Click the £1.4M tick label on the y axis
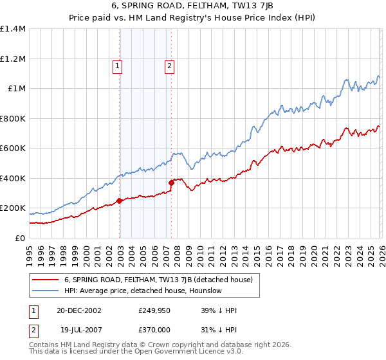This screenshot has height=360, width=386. (x=13, y=29)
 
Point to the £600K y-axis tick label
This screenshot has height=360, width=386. (x=13, y=148)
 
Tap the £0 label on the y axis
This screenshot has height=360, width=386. (x=19, y=238)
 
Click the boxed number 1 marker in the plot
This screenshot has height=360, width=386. (x=118, y=65)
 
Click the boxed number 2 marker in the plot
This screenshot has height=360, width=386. (x=169, y=65)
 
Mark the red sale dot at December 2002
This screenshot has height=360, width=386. (x=120, y=201)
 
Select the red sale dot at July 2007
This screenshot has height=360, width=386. (x=172, y=183)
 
